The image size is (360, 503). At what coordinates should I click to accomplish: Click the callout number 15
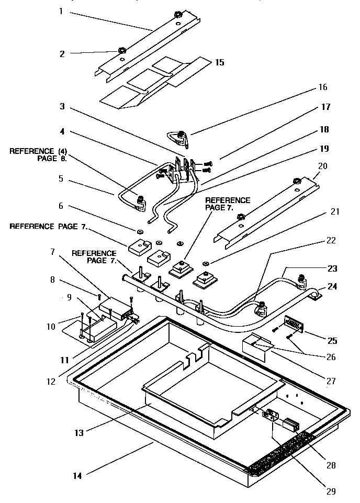tap(219, 62)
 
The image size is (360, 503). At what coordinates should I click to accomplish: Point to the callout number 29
tap(330, 491)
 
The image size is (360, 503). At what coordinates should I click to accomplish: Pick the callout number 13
tap(78, 432)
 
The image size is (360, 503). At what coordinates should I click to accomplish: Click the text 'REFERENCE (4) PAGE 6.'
tap(38, 154)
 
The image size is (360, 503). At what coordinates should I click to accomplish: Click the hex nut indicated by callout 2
tap(121, 51)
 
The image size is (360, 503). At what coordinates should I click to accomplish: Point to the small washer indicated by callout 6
tap(140, 231)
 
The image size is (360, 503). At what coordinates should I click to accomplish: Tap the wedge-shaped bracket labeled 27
tap(257, 346)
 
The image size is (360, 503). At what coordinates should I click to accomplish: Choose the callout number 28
tap(331, 465)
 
